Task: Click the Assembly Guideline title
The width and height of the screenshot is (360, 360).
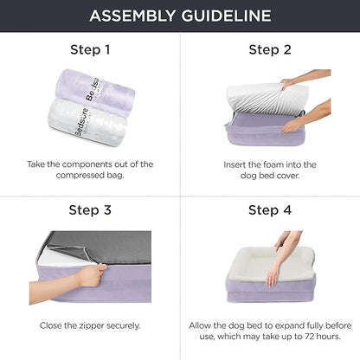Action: [x=180, y=16]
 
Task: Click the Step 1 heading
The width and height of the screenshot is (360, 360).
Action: [x=89, y=49]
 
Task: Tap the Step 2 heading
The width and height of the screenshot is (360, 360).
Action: [x=270, y=49]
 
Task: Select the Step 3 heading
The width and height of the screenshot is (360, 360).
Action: [x=89, y=209]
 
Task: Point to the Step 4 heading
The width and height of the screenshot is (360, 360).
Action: [x=270, y=209]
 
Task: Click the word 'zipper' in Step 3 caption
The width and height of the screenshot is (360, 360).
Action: [x=87, y=325]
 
